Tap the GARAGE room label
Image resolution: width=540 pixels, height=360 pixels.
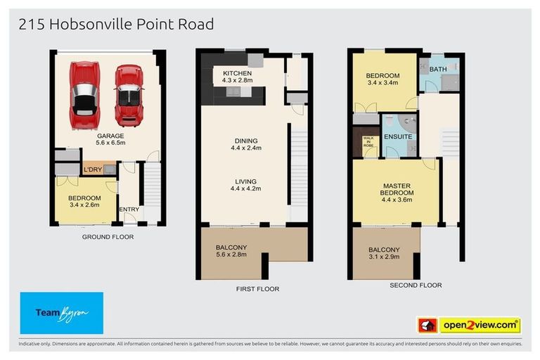[110, 136]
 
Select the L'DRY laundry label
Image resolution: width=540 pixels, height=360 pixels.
[92, 170]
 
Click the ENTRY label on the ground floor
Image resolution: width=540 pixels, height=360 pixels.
[129, 209]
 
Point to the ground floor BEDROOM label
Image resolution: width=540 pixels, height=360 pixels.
[84, 198]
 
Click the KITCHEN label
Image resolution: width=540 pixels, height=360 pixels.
[237, 73]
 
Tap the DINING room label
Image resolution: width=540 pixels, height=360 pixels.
[245, 140]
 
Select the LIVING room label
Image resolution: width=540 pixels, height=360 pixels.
[245, 181]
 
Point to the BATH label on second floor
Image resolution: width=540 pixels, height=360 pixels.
[438, 69]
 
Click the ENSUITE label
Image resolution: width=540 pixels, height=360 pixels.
[398, 136]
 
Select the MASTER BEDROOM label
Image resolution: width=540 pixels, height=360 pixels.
[396, 190]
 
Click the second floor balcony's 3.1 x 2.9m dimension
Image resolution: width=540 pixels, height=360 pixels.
[384, 259]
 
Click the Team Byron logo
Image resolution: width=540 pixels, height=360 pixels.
[62, 313]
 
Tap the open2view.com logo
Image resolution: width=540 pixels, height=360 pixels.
[480, 326]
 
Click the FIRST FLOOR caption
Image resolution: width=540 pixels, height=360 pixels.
[258, 289]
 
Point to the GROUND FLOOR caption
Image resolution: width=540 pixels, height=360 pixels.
[108, 237]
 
